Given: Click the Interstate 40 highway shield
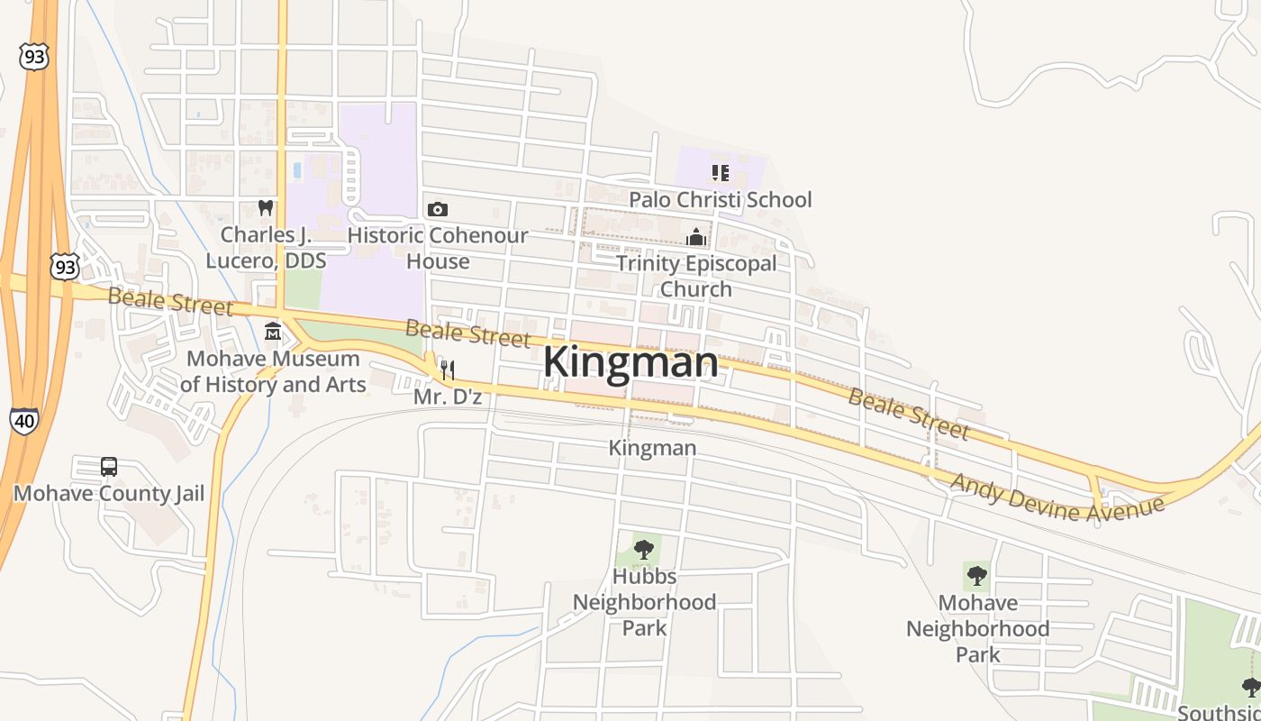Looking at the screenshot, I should pyautogui.click(x=24, y=420).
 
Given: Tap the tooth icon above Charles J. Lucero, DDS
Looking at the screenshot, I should pyautogui.click(x=265, y=207).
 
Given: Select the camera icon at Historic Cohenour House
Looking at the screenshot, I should pyautogui.click(x=438, y=209).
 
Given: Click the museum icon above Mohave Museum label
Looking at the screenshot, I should pyautogui.click(x=273, y=333).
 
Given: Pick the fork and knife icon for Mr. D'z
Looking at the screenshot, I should pyautogui.click(x=447, y=370).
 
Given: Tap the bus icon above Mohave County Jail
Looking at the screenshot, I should pyautogui.click(x=109, y=467).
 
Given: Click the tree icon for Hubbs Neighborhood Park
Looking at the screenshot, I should pyautogui.click(x=643, y=549).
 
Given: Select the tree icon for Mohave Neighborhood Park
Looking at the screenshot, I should pyautogui.click(x=977, y=575).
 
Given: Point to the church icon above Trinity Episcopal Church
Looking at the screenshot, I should pyautogui.click(x=695, y=237).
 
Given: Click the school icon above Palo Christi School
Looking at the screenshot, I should pyautogui.click(x=720, y=172).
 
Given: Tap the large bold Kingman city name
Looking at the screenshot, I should pyautogui.click(x=630, y=363).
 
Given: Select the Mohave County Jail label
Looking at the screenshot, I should pyautogui.click(x=109, y=494).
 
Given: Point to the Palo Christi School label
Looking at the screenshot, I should pyautogui.click(x=720, y=199).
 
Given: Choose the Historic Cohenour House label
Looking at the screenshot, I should pyautogui.click(x=438, y=248).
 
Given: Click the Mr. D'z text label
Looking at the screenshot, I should pyautogui.click(x=448, y=396).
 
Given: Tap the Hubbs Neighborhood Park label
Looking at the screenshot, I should pyautogui.click(x=644, y=601).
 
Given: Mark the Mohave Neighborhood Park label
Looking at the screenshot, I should pyautogui.click(x=977, y=628).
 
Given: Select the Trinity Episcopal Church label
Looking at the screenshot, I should pyautogui.click(x=695, y=276).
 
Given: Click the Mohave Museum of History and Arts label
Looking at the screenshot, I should pyautogui.click(x=273, y=371).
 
